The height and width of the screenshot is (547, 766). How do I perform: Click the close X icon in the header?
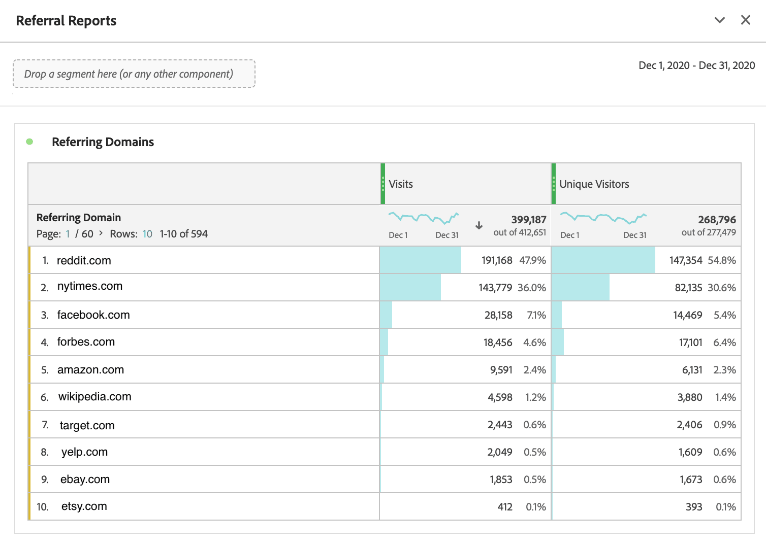tap(745, 20)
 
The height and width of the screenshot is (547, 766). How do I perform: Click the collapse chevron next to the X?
tap(719, 20)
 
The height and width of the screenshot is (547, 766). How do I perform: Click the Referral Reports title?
tap(66, 21)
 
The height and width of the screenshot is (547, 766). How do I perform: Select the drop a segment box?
tap(134, 74)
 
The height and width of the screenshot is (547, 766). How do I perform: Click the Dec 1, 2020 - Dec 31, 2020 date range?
tap(696, 65)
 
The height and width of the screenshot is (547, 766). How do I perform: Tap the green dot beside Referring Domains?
tap(29, 142)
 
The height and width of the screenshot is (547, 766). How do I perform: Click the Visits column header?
tap(401, 184)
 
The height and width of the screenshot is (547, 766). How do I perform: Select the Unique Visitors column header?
tap(594, 184)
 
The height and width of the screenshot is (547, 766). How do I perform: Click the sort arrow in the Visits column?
tap(478, 226)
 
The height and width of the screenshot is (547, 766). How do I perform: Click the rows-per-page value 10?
tap(147, 234)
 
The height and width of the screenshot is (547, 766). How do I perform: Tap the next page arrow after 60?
tap(101, 233)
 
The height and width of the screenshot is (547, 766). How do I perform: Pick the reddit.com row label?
tap(84, 260)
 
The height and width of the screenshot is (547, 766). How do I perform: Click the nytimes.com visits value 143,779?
tap(495, 288)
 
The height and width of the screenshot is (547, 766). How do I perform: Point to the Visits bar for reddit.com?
tap(420, 260)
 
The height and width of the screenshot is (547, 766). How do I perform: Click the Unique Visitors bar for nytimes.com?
tap(580, 288)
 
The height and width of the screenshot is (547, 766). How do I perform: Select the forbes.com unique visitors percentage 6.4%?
tap(724, 343)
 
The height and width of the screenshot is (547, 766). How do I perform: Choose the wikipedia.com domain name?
tap(94, 397)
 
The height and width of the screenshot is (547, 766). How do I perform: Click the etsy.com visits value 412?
tap(505, 507)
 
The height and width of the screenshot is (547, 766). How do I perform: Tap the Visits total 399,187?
tap(528, 220)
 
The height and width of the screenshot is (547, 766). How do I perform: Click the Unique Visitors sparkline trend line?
tap(603, 218)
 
